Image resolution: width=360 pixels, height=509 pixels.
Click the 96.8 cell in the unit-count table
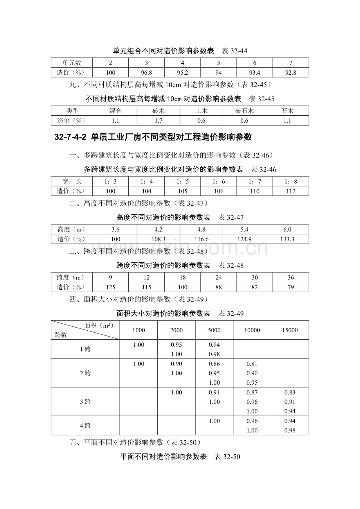coord(146,73)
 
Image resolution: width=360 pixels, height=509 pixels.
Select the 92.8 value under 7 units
coord(291,73)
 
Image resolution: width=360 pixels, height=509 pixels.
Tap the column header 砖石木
coord(244,111)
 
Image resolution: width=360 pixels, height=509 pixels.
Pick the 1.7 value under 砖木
coord(158,121)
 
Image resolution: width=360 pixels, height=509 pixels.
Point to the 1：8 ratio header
coord(291,181)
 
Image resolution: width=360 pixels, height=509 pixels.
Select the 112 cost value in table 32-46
coord(291,191)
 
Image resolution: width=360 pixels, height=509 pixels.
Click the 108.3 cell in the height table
coord(158,239)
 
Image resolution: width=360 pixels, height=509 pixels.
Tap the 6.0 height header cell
coord(287,229)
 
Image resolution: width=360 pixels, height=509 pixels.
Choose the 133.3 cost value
coord(287,239)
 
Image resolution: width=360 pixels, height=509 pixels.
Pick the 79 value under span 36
coord(291,287)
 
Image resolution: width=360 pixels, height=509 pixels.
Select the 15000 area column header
coord(290,330)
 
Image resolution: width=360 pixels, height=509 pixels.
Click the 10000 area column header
coord(252,330)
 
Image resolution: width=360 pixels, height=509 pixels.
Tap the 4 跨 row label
coord(85,426)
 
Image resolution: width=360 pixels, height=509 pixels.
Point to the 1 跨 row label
coord(85,349)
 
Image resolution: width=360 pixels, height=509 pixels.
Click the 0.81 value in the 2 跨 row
coord(252,364)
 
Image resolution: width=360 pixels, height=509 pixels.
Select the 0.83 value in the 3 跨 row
coord(290,393)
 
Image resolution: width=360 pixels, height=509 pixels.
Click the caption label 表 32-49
coord(231,314)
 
